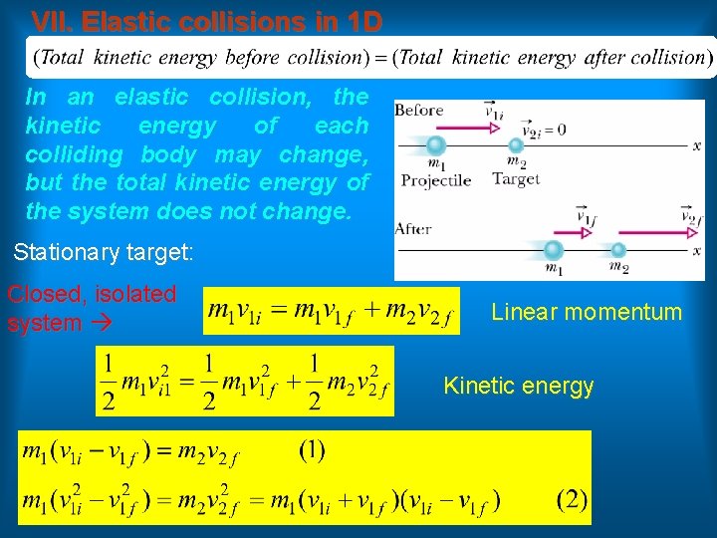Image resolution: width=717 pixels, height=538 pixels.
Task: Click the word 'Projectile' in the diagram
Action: [x=435, y=180]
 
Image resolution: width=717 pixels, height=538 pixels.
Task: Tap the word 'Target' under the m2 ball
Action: [x=516, y=178]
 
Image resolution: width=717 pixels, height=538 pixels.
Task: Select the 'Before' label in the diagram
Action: [x=418, y=111]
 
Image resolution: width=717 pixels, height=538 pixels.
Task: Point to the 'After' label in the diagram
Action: [x=413, y=228]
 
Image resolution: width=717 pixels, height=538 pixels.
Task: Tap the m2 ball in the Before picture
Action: [x=516, y=145]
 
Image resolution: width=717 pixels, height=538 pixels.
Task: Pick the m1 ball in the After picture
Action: [x=555, y=249]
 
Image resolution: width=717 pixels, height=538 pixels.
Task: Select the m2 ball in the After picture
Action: [x=618, y=249]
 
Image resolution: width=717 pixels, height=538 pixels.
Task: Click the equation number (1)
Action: [x=312, y=449]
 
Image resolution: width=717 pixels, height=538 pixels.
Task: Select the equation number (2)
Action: [x=572, y=497]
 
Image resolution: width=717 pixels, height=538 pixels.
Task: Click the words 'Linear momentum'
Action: [x=587, y=312]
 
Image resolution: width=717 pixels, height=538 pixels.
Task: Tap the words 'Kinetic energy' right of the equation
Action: [x=518, y=386]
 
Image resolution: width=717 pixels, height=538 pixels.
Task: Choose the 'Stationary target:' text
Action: [x=103, y=252]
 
